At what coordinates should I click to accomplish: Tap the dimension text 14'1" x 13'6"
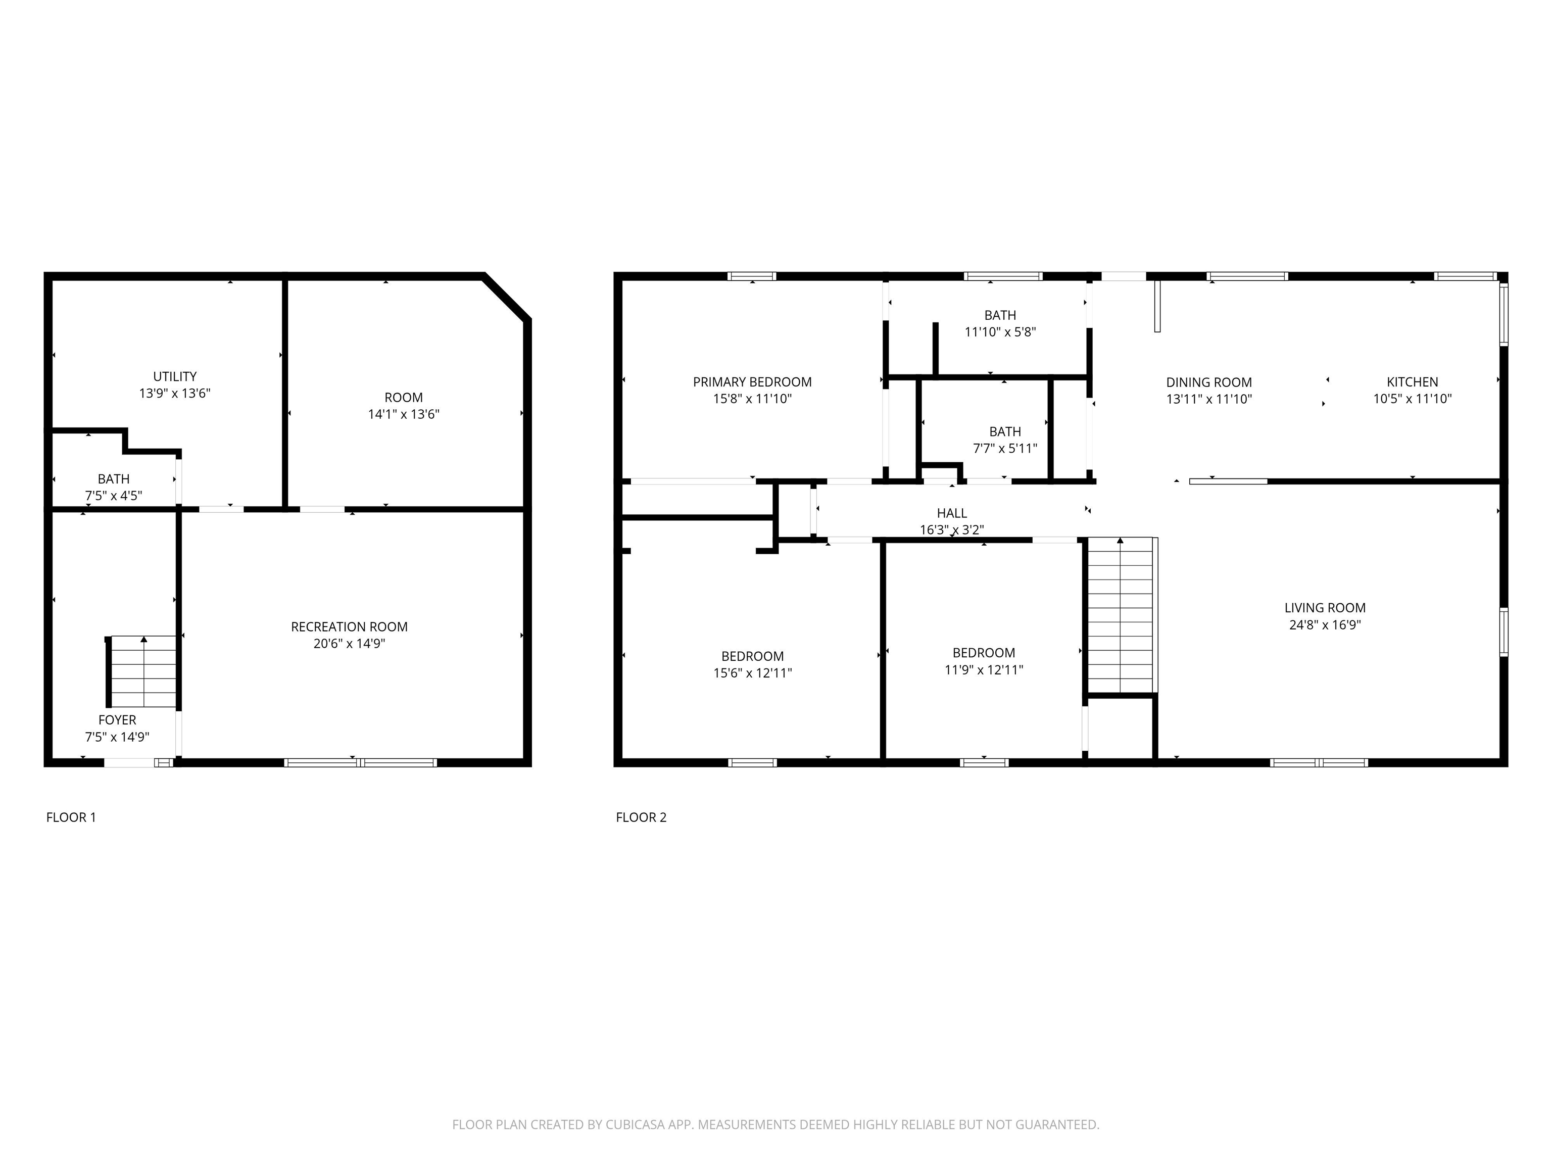pyautogui.click(x=404, y=414)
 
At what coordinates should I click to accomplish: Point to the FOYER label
pyautogui.click(x=117, y=720)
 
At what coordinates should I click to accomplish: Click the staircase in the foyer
pyautogui.click(x=143, y=671)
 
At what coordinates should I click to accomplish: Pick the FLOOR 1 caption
pyautogui.click(x=71, y=817)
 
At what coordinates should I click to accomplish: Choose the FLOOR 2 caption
pyautogui.click(x=641, y=817)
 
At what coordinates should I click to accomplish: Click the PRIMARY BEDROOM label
pyautogui.click(x=752, y=382)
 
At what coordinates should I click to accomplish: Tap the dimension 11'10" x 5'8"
pyautogui.click(x=1000, y=332)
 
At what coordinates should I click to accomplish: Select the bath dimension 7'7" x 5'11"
pyautogui.click(x=1005, y=448)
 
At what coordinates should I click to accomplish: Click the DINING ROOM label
pyautogui.click(x=1209, y=382)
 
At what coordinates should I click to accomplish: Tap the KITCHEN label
pyautogui.click(x=1413, y=382)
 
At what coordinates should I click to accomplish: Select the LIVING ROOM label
pyautogui.click(x=1325, y=608)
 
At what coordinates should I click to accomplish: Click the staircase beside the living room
pyautogui.click(x=1121, y=615)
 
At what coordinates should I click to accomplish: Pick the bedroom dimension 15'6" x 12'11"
pyautogui.click(x=752, y=673)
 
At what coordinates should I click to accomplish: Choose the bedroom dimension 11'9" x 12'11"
pyautogui.click(x=984, y=670)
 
